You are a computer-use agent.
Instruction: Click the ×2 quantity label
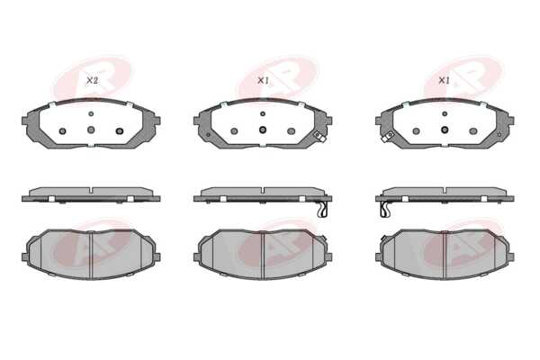click(x=92, y=81)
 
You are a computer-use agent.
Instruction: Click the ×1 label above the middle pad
click(x=263, y=81)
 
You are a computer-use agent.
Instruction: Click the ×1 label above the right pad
click(x=444, y=81)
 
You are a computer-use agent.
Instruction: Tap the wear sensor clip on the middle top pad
click(x=319, y=137)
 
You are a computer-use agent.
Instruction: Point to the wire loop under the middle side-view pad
click(x=322, y=210)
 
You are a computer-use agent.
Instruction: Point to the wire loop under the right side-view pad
click(x=384, y=210)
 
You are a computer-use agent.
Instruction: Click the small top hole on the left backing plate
click(x=91, y=113)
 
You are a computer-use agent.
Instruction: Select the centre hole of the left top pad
click(x=91, y=130)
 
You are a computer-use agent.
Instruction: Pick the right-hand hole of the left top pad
click(x=120, y=130)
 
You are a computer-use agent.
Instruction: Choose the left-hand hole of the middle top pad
click(x=234, y=130)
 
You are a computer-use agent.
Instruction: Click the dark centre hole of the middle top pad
click(x=263, y=130)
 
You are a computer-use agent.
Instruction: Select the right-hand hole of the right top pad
click(x=473, y=130)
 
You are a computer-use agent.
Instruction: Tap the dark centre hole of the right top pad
click(x=445, y=130)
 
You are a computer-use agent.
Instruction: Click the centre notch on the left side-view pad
click(x=91, y=191)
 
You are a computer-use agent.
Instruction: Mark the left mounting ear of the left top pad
click(x=25, y=121)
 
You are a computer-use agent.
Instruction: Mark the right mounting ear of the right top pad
click(x=510, y=121)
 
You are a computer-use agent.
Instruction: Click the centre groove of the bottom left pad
click(x=91, y=254)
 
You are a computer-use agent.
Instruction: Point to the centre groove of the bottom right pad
click(x=445, y=254)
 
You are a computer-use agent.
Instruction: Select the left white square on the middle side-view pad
click(x=223, y=199)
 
